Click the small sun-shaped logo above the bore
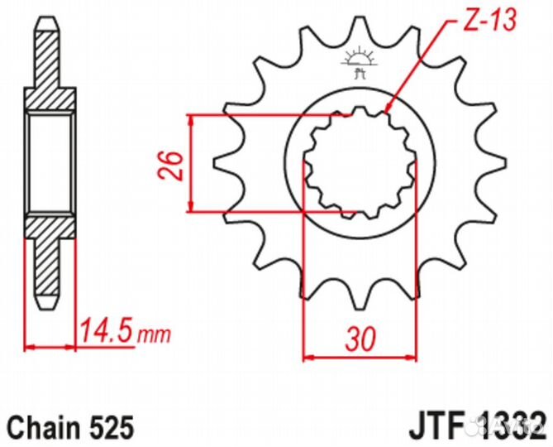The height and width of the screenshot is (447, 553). (x=358, y=60)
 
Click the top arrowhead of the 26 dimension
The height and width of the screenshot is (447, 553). (x=192, y=118)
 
